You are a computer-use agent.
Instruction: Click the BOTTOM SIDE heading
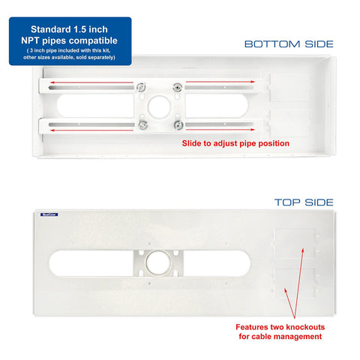(289, 44)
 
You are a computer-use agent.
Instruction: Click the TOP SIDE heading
(304, 202)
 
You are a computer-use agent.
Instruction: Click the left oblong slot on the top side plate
(90, 264)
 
